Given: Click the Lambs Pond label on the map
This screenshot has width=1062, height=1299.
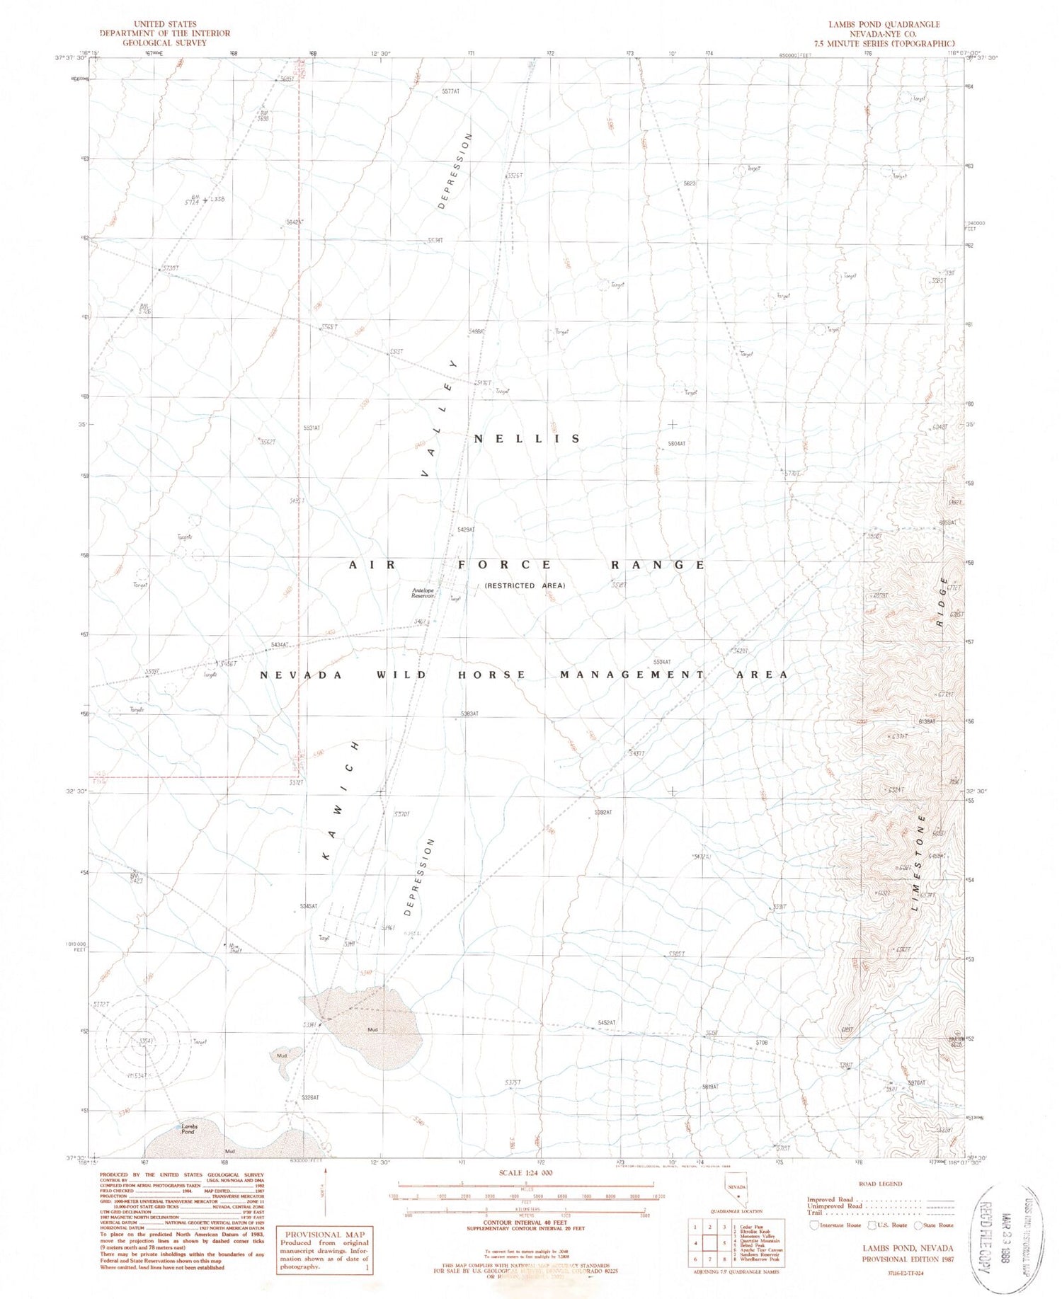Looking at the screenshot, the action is click(x=188, y=1128).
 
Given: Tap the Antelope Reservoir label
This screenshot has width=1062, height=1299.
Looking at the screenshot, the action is click(x=423, y=593).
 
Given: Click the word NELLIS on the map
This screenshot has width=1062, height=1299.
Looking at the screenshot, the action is click(x=527, y=439).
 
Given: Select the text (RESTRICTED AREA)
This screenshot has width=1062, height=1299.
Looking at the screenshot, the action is click(x=525, y=585).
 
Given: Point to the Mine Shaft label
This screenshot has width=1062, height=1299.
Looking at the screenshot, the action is click(x=234, y=947).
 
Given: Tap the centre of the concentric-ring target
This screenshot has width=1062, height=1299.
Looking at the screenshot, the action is click(x=147, y=1041).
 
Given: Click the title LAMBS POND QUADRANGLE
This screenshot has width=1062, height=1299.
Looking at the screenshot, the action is click(x=884, y=24).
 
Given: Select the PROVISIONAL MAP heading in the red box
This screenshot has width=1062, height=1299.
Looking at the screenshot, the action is click(x=324, y=1234).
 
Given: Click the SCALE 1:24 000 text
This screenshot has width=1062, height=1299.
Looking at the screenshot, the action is click(x=525, y=1172).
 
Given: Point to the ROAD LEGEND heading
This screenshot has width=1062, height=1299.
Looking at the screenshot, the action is click(x=879, y=1184).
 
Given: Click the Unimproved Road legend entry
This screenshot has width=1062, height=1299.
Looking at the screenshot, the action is click(x=835, y=1206).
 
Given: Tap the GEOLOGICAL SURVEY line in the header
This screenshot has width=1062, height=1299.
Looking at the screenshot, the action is click(x=164, y=42).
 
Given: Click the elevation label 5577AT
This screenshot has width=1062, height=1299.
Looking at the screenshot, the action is click(x=450, y=92).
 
